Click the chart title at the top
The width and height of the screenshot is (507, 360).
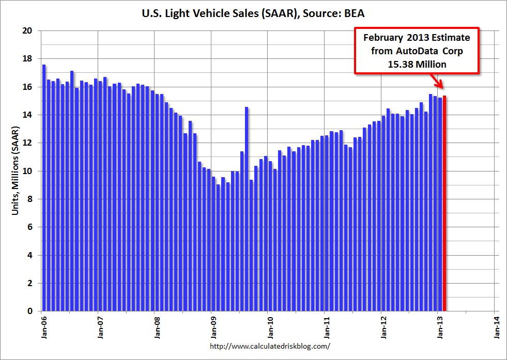tap(253, 13)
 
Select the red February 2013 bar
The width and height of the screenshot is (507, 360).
tap(444, 204)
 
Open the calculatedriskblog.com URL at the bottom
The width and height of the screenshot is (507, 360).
tap(270, 346)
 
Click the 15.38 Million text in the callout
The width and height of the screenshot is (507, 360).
tap(417, 64)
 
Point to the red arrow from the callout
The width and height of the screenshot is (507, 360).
tap(437, 83)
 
